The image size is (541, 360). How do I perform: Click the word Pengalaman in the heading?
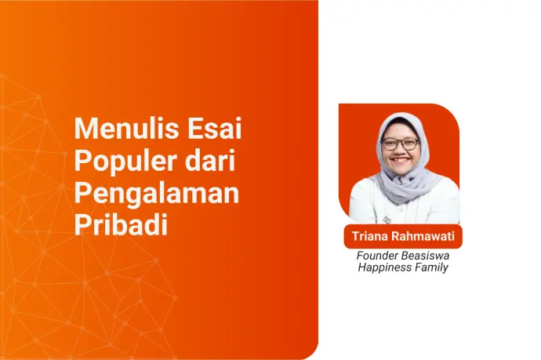[156, 194]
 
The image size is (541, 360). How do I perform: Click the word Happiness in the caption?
[384, 267]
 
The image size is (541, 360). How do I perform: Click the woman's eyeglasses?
[400, 144]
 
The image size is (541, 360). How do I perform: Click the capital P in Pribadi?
[81, 225]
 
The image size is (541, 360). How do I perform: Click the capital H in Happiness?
[361, 267]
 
